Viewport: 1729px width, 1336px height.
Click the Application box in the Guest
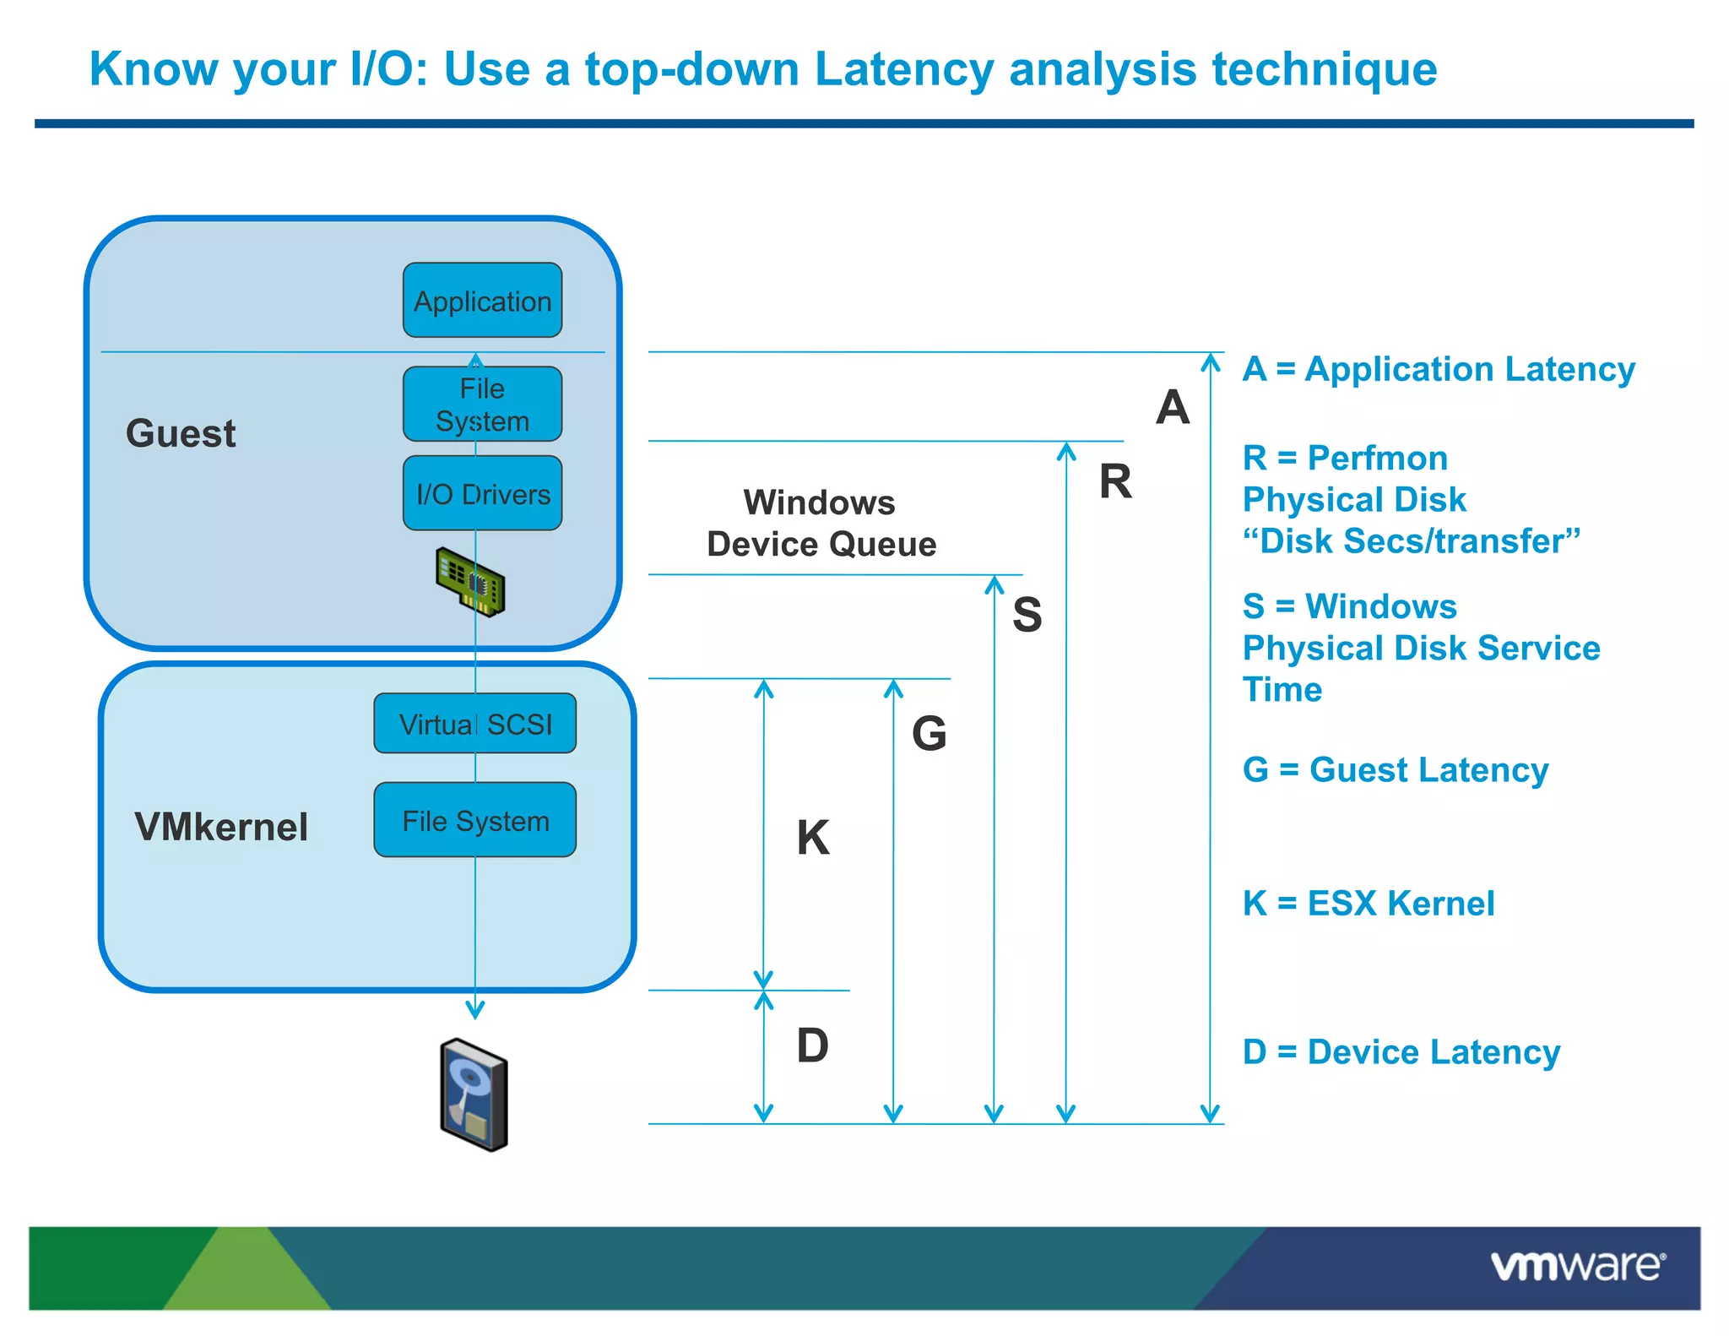(482, 301)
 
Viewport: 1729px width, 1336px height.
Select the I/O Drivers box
(482, 493)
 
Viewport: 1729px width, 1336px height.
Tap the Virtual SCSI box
(475, 724)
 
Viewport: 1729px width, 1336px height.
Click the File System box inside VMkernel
(475, 820)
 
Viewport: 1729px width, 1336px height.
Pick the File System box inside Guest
(482, 405)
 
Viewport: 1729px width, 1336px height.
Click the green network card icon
(471, 581)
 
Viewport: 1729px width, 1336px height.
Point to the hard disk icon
(474, 1094)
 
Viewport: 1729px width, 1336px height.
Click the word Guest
(181, 433)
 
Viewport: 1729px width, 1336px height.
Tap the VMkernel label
(221, 827)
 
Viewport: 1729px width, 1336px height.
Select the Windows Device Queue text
(821, 524)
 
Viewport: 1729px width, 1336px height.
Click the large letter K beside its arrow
(813, 838)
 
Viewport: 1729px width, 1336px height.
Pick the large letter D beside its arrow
(812, 1045)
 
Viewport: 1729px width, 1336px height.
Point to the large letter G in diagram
(929, 733)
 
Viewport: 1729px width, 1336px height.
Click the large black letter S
(1027, 614)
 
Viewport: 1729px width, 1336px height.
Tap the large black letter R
(1115, 482)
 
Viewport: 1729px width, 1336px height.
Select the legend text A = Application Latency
(1439, 369)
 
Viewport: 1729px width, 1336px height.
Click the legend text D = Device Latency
(1401, 1052)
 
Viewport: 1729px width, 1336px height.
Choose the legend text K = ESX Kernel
(1369, 904)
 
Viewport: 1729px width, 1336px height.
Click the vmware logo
(1577, 1266)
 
